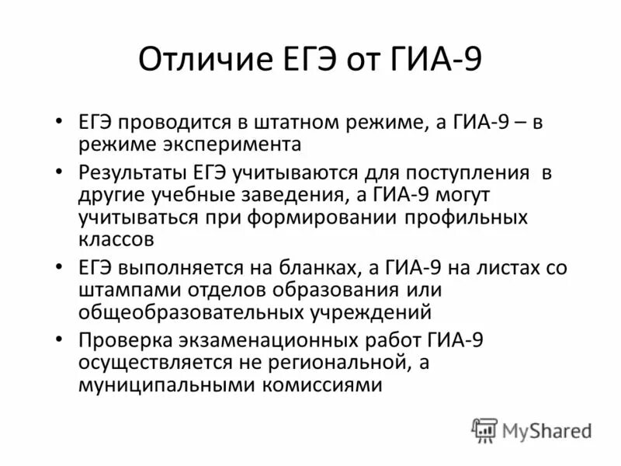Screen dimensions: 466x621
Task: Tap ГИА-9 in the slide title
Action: [439, 61]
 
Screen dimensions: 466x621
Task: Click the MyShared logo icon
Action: [485, 429]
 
